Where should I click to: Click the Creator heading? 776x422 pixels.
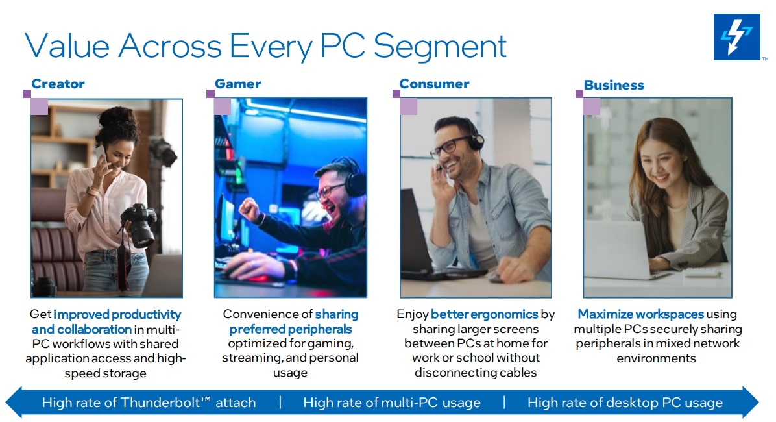click(58, 84)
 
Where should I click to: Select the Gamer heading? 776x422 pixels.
click(237, 84)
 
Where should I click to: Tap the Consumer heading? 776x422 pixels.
click(434, 84)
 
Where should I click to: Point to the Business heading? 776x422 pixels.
click(613, 85)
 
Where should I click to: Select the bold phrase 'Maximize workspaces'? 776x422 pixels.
click(640, 314)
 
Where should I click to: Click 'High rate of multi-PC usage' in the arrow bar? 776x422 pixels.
click(391, 403)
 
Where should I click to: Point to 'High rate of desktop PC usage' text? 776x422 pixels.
click(624, 403)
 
